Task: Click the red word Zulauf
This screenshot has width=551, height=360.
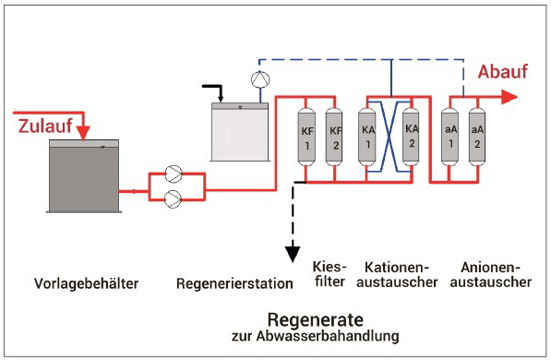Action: click(45, 126)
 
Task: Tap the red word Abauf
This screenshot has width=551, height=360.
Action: click(502, 72)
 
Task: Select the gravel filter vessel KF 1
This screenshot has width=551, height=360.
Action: click(306, 138)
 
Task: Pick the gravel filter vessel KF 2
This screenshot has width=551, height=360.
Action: click(334, 138)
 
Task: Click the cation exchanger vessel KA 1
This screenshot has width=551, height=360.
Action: click(366, 138)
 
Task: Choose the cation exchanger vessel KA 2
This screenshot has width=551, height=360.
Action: click(411, 138)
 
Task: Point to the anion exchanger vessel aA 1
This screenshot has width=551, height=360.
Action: click(450, 138)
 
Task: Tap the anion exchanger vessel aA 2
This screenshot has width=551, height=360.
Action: click(477, 138)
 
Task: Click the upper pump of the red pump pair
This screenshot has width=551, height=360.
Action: click(174, 174)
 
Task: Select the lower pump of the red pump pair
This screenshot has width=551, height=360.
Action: click(174, 199)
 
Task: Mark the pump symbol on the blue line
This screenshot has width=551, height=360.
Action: click(260, 79)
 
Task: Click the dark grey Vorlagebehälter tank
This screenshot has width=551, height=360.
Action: click(84, 175)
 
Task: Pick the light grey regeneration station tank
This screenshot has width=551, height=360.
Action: click(240, 132)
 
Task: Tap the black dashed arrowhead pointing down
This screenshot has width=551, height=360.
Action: click(293, 254)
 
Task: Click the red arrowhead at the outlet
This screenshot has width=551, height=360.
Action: click(509, 97)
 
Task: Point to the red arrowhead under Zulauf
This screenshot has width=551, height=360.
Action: click(83, 133)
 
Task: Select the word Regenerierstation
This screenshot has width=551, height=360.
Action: click(234, 283)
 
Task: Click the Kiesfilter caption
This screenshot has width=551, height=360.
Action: click(329, 274)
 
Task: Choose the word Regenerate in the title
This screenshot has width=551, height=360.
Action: click(316, 319)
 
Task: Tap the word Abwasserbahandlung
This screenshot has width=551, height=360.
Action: click(328, 336)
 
